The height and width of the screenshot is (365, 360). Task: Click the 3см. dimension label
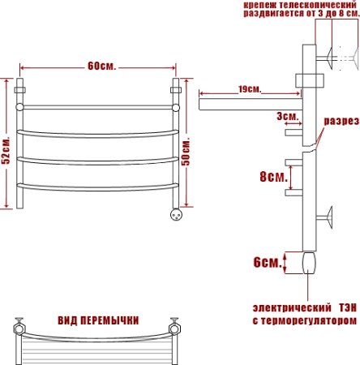(x=285, y=118)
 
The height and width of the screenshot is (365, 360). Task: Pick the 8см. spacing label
(x=271, y=175)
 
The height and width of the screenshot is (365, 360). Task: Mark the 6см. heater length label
(x=268, y=262)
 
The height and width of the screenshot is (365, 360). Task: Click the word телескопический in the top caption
(x=312, y=5)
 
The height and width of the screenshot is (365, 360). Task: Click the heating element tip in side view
(x=309, y=264)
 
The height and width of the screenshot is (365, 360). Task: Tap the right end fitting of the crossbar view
(x=173, y=328)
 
